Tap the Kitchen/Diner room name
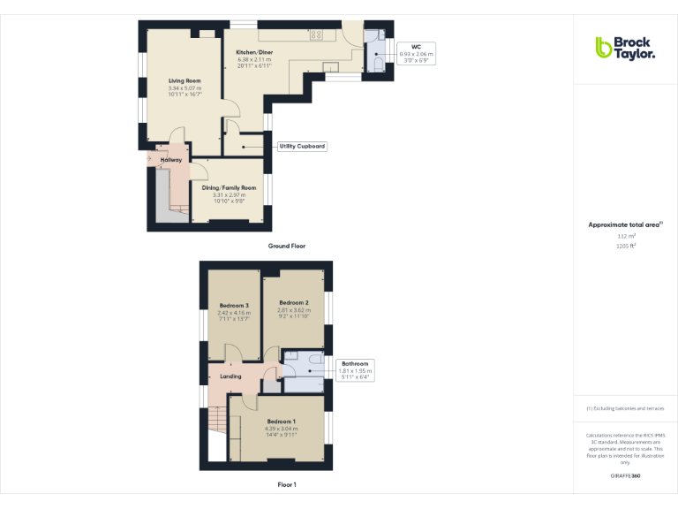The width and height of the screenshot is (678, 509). (x=253, y=53)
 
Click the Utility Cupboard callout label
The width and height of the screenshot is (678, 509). (x=302, y=146)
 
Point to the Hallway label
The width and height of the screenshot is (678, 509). (x=171, y=160)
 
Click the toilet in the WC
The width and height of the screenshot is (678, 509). (x=379, y=65)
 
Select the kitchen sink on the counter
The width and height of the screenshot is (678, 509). (x=331, y=67)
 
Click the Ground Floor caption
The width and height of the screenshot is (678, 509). (x=287, y=246)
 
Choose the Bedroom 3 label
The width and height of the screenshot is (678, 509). (x=234, y=306)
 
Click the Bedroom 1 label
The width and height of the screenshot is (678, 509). (x=282, y=422)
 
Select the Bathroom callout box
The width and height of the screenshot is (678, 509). (x=356, y=369)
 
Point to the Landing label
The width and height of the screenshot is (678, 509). (x=230, y=376)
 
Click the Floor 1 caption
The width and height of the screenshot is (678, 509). (x=287, y=484)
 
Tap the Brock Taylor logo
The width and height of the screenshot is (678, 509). (x=625, y=48)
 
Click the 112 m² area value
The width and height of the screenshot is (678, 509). (x=626, y=237)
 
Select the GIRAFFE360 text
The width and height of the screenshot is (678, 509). (x=626, y=476)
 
